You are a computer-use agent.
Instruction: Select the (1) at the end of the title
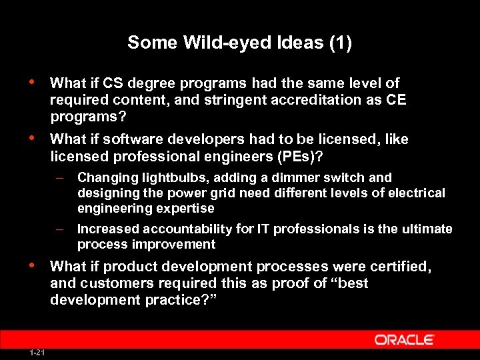pos(339,43)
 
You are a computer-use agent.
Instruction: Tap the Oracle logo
pos(405,340)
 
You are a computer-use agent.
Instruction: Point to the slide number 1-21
pos(38,351)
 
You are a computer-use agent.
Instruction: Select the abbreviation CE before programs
pos(396,100)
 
